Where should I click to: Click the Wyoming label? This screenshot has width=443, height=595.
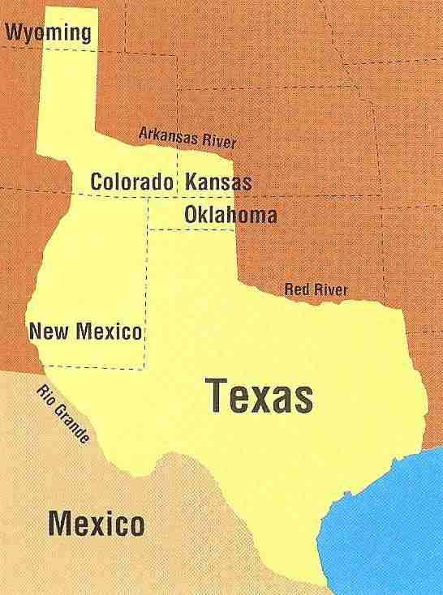(x=49, y=32)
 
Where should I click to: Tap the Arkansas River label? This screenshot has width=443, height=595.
(x=187, y=138)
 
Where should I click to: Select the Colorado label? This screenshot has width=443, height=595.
(x=132, y=182)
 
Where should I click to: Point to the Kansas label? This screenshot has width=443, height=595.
(x=218, y=182)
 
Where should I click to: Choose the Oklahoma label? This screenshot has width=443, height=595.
(x=230, y=216)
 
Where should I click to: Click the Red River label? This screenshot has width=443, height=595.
(x=316, y=289)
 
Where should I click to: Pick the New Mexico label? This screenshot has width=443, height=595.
(x=85, y=331)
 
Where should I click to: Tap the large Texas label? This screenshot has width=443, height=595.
(x=259, y=396)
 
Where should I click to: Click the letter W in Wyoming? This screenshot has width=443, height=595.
(x=14, y=32)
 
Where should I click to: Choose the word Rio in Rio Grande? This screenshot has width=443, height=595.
(x=47, y=393)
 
